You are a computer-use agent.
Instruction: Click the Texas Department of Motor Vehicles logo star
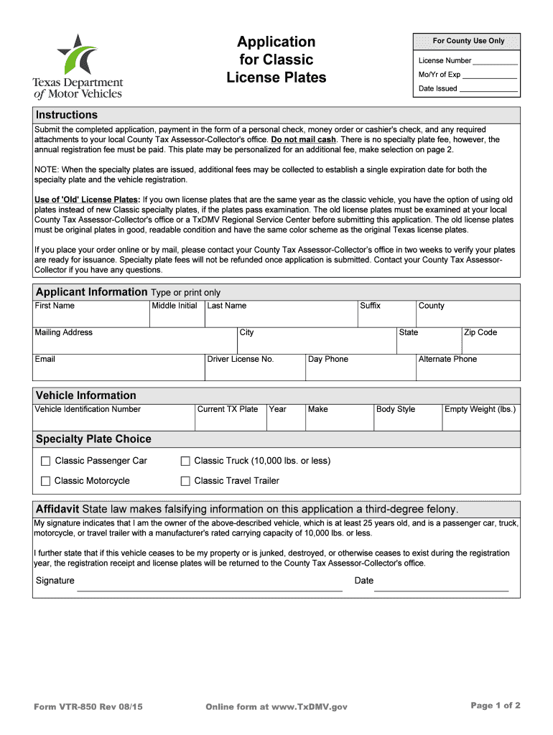(x=77, y=53)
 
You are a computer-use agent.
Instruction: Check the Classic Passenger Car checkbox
(x=46, y=461)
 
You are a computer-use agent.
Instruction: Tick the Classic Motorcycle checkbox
(x=46, y=481)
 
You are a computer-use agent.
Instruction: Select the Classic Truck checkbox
(x=185, y=461)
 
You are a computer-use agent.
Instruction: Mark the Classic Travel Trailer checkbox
(x=185, y=481)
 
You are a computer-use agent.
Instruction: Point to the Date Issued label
(x=438, y=89)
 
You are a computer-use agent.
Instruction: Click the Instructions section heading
(x=67, y=115)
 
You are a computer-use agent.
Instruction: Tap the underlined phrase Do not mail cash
(x=303, y=140)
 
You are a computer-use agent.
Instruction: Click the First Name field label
(x=55, y=306)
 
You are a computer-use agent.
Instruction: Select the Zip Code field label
(x=480, y=332)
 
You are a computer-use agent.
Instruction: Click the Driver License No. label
(x=241, y=359)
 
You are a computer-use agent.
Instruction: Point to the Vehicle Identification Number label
(x=88, y=409)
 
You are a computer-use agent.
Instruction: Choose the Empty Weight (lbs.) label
(x=480, y=409)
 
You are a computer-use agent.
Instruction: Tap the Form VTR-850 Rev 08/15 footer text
(x=88, y=707)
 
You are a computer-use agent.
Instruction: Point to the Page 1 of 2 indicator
(x=496, y=706)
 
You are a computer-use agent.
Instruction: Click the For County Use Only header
(x=468, y=41)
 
